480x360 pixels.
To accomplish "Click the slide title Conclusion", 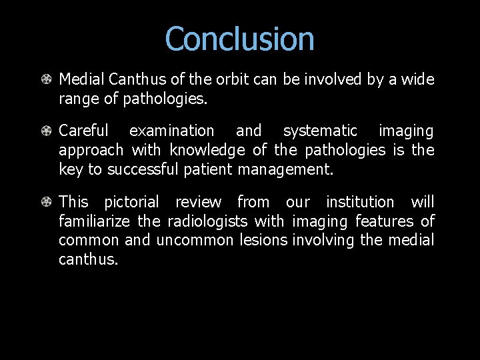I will (239, 39).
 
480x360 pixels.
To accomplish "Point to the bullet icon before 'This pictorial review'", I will (46, 202).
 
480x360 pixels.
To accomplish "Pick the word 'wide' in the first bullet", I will (418, 80).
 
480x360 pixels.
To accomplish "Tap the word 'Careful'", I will (83, 131).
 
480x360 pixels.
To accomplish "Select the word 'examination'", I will (172, 131).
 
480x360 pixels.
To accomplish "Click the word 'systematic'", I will (320, 131).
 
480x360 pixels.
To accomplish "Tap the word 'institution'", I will (360, 202).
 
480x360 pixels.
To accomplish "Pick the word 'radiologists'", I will (209, 221).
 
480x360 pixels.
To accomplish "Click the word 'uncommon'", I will (195, 240).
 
